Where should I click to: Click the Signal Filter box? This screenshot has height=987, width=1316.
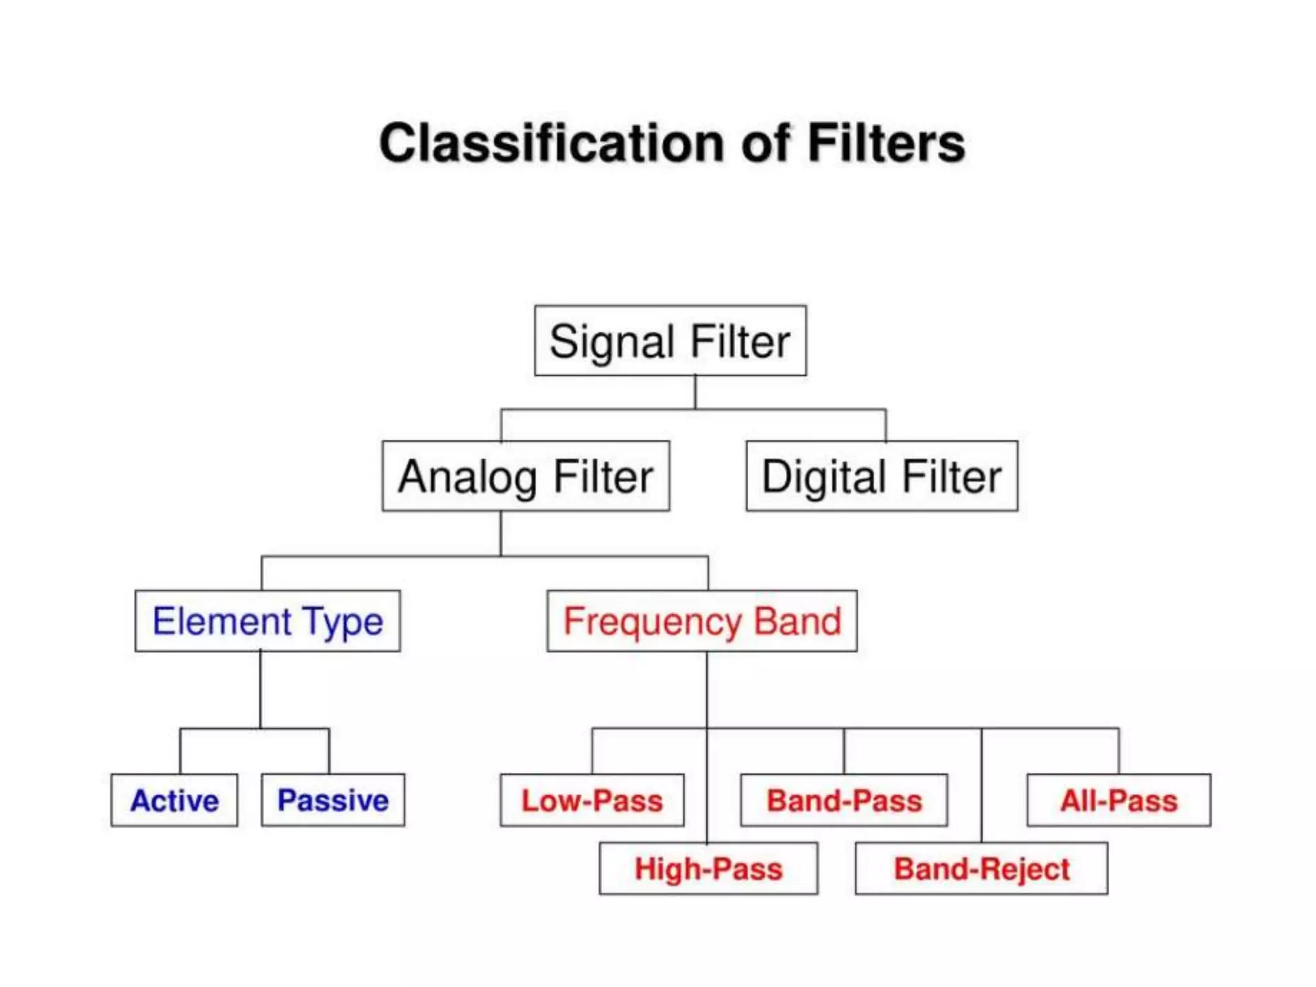tap(670, 341)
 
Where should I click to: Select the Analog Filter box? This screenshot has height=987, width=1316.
tap(526, 476)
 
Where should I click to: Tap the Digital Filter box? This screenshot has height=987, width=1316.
tap(882, 476)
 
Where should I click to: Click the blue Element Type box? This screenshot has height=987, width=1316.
tap(267, 621)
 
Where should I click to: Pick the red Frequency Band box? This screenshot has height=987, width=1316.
tap(702, 621)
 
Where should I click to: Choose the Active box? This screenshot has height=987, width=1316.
tap(174, 800)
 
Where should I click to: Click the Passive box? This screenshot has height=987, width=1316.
tap(333, 800)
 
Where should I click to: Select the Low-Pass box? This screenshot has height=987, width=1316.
tap(592, 800)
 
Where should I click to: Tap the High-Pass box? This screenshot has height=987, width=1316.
tap(708, 868)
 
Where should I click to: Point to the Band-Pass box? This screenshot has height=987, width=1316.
tap(844, 800)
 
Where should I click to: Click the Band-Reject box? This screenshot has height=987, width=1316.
tap(981, 868)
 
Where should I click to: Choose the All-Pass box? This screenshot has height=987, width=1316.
tap(1119, 800)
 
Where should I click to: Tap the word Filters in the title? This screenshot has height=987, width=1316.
tap(886, 143)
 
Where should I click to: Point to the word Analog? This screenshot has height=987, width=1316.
tap(467, 477)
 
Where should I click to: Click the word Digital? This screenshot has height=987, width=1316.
tap(824, 477)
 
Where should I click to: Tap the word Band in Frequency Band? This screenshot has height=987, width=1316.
tap(797, 621)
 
